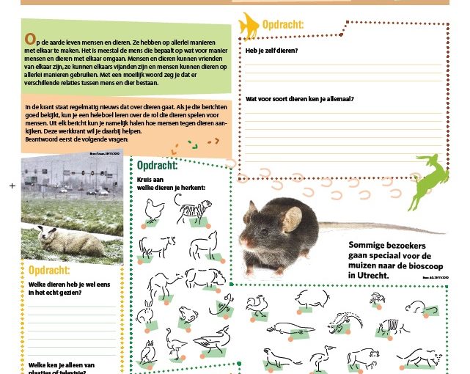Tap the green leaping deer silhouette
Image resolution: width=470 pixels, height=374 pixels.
point(431,180)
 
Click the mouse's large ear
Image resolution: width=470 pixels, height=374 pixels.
point(291,219)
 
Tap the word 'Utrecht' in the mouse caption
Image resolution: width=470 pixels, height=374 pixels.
point(369,275)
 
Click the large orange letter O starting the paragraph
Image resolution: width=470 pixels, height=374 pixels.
point(29,37)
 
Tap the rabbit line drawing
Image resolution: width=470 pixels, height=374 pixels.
point(147,312)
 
